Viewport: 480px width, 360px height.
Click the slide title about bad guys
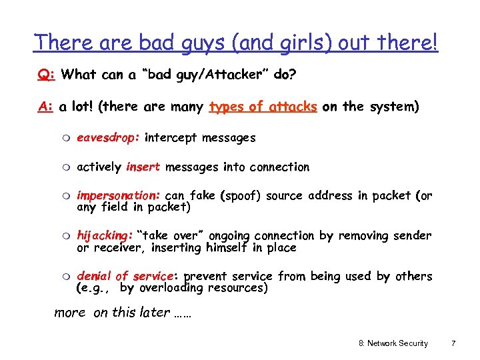(237, 43)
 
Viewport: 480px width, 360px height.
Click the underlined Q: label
(46, 75)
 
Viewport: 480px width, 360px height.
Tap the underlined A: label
(45, 107)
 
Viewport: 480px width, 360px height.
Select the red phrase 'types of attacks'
(263, 107)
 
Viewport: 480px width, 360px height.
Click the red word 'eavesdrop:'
(108, 138)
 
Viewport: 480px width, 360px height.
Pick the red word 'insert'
(143, 167)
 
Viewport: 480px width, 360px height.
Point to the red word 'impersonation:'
(119, 196)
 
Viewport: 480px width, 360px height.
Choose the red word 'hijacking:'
(105, 236)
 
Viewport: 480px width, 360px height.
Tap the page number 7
(453, 343)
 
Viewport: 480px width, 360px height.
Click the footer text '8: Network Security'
(393, 343)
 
